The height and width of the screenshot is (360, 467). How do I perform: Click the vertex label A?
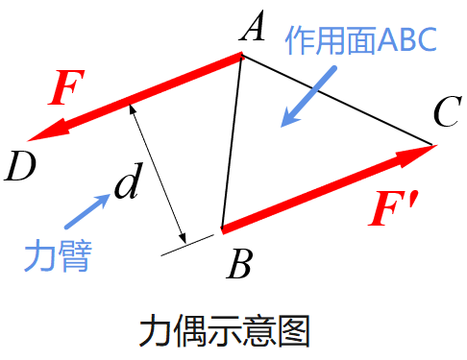tap(253, 26)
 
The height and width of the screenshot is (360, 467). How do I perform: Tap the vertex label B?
tap(239, 263)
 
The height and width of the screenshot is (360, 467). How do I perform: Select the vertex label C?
tap(448, 111)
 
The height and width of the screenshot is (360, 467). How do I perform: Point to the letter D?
tap(20, 166)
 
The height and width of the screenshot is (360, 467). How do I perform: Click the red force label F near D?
tap(66, 87)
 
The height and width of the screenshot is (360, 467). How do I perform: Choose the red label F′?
tap(393, 208)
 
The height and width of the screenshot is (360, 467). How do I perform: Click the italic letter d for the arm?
tap(128, 181)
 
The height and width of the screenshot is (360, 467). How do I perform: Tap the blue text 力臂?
tap(58, 255)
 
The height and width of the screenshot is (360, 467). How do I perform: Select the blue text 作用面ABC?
tap(361, 40)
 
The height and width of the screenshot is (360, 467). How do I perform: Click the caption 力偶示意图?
tap(225, 330)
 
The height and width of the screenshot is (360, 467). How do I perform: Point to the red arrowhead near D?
tap(48, 131)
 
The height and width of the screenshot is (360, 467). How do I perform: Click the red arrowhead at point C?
tap(416, 155)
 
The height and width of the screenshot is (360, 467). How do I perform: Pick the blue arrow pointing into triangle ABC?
tap(308, 97)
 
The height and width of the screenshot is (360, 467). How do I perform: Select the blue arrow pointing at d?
tap(87, 211)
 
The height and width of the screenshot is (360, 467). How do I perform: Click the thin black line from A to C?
tap(336, 100)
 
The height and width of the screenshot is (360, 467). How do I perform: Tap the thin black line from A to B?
tap(232, 142)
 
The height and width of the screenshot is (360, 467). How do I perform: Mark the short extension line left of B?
tap(187, 245)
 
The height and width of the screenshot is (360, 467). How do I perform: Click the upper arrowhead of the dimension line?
tap(132, 109)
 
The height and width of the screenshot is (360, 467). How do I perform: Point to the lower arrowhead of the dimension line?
tap(183, 238)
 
